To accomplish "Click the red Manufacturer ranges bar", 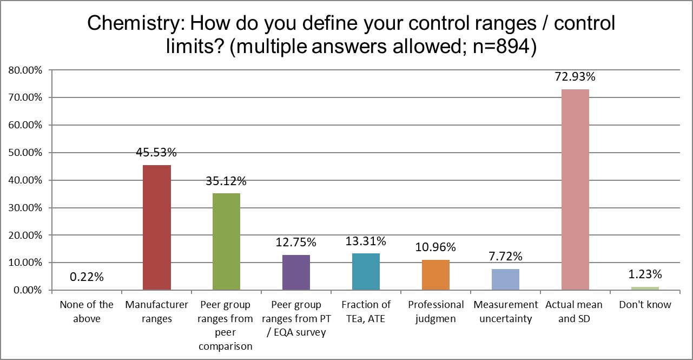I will [x=157, y=227].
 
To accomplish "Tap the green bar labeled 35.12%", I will [x=227, y=241].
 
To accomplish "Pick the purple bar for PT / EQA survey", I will [x=296, y=272].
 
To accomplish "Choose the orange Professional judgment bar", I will [x=436, y=275].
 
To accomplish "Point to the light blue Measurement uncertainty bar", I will [x=505, y=279].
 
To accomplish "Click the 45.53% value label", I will [x=157, y=153].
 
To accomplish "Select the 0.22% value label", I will [x=87, y=278].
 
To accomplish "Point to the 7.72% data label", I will [x=505, y=257].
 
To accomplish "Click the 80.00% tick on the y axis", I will [x=24, y=70].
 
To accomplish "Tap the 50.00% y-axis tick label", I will [x=24, y=153].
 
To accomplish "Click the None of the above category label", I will [x=87, y=312].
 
